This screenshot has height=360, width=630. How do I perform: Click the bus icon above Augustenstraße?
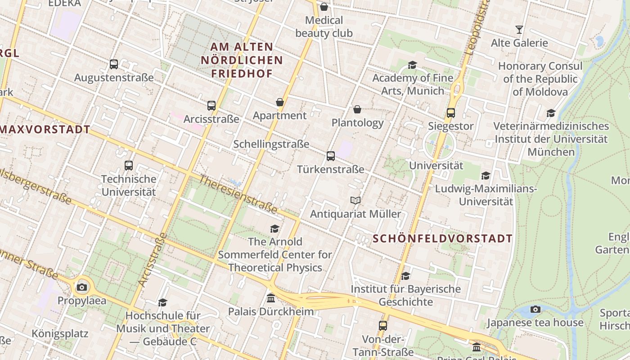tap(114, 64)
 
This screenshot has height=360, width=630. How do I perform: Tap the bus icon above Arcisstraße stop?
tap(211, 106)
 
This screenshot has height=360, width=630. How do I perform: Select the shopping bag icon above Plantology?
tap(357, 109)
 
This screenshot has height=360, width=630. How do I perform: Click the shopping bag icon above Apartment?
tap(280, 102)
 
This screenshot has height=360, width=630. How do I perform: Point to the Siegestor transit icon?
tap(451, 113)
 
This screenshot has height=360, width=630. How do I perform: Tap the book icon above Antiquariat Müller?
tap(355, 200)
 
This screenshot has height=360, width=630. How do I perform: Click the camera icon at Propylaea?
tap(82, 287)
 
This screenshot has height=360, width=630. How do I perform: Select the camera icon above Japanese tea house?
tap(535, 309)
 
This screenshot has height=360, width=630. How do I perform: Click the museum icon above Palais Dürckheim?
tap(271, 298)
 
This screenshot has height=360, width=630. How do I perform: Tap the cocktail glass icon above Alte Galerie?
tap(519, 30)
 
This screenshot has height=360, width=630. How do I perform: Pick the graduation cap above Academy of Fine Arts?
tap(412, 65)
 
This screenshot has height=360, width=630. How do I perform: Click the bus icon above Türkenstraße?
tap(331, 156)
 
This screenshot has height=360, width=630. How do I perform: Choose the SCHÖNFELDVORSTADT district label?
tap(443, 238)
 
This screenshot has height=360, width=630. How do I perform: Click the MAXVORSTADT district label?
tap(45, 130)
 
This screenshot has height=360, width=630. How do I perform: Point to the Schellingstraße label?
tap(271, 144)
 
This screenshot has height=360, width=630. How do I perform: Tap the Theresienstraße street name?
tap(238, 194)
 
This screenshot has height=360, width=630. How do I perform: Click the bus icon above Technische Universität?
tap(129, 166)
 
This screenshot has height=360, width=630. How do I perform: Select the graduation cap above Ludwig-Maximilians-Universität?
tap(486, 175)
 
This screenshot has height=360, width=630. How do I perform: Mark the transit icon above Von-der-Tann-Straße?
tap(383, 325)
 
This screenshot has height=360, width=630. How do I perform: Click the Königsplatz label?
tap(60, 334)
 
